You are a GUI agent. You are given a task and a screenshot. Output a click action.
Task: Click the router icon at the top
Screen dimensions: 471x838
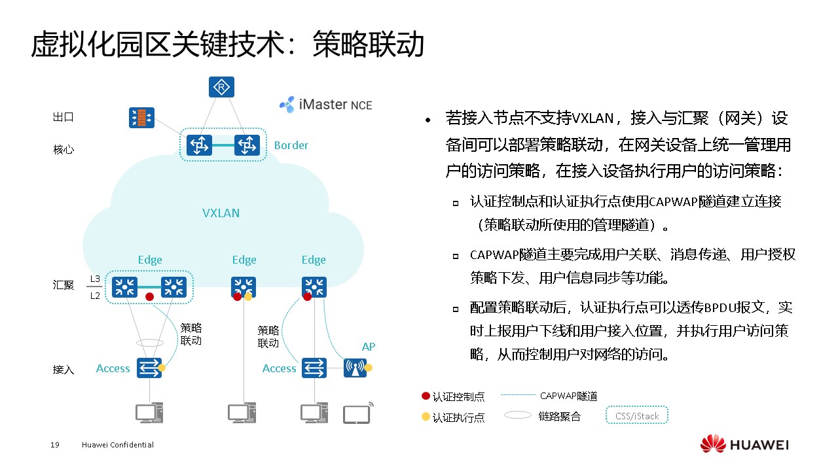point(221,87)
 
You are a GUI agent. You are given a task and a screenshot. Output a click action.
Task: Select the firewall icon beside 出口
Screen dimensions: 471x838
point(141,118)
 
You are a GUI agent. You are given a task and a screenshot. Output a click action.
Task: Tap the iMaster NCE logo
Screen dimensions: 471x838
point(325,104)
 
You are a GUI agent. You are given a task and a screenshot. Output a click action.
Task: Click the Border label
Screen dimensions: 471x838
point(291,145)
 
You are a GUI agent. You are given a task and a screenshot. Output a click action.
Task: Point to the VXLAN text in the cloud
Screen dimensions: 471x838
point(221,213)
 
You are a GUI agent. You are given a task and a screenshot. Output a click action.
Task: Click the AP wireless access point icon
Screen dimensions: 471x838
point(355,368)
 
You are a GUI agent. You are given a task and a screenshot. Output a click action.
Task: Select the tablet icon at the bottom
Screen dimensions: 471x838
point(357,413)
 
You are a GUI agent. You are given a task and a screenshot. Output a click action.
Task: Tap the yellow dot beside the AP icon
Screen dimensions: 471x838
point(369,368)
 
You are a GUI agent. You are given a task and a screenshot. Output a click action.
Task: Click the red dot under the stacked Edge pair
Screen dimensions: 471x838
point(149,296)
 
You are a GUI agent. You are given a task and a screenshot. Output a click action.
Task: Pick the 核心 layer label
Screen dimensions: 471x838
point(64,149)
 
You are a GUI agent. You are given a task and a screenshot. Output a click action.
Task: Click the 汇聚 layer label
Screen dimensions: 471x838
point(64,285)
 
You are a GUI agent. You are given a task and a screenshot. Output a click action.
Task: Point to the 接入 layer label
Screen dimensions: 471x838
point(64,370)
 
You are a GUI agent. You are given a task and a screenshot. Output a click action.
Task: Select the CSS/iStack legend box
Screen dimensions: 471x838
point(637,416)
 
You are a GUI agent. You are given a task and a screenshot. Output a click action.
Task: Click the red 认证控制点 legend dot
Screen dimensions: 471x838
point(426,396)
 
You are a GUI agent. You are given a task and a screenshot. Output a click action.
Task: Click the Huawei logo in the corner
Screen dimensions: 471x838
point(744,445)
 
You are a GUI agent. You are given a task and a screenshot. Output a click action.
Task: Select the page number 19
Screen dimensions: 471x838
point(55,445)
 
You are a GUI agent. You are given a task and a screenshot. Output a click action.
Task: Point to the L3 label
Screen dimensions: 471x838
point(95,279)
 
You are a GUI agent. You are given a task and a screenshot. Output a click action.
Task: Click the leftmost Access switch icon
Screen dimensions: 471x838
point(149,368)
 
